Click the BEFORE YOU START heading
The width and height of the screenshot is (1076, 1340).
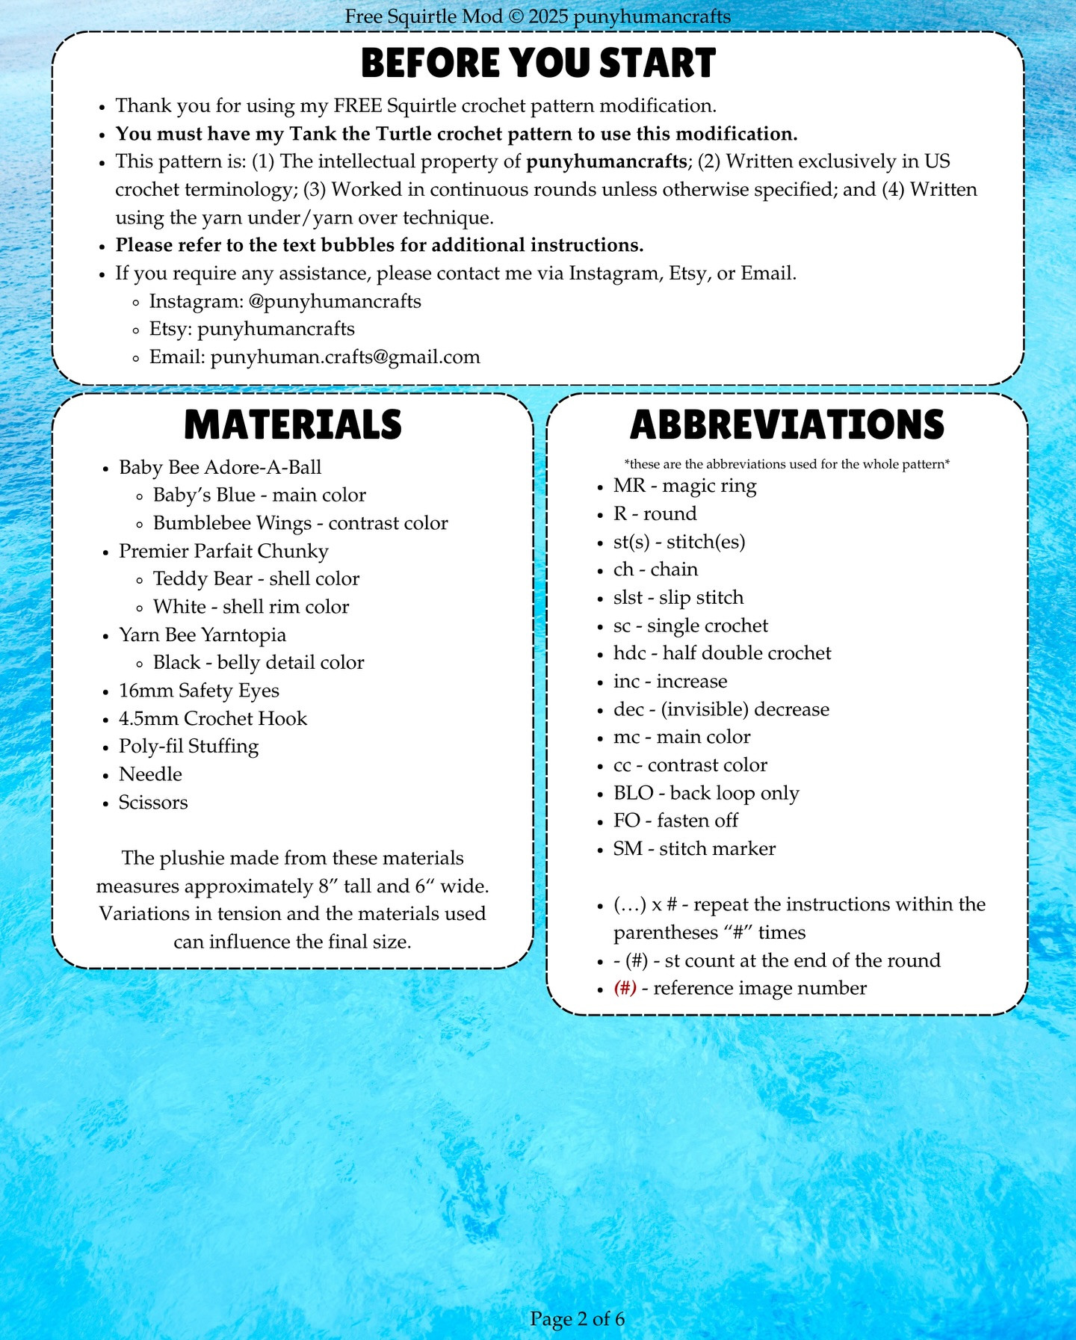[x=538, y=64]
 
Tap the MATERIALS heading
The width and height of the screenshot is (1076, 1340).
[x=293, y=424]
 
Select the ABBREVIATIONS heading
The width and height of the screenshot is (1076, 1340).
[x=787, y=424]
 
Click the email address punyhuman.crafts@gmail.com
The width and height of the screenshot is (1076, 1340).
[x=345, y=357]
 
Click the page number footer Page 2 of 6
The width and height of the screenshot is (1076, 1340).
[x=577, y=1318]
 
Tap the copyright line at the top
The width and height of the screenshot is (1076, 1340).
[x=538, y=16]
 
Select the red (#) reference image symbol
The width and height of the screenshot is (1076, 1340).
[x=625, y=988]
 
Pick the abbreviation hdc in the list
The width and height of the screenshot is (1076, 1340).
[x=629, y=653]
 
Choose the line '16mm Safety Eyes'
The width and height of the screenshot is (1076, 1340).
[x=199, y=691]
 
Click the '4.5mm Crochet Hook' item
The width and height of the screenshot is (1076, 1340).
[x=213, y=718]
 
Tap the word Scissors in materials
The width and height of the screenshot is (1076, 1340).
[x=153, y=802]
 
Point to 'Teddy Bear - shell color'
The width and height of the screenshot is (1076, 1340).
[x=256, y=578]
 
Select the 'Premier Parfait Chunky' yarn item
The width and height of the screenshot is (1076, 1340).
[x=223, y=551]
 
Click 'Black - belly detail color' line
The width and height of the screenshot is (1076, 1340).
[x=259, y=662]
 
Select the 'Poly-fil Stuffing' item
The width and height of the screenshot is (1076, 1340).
[x=188, y=746]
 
